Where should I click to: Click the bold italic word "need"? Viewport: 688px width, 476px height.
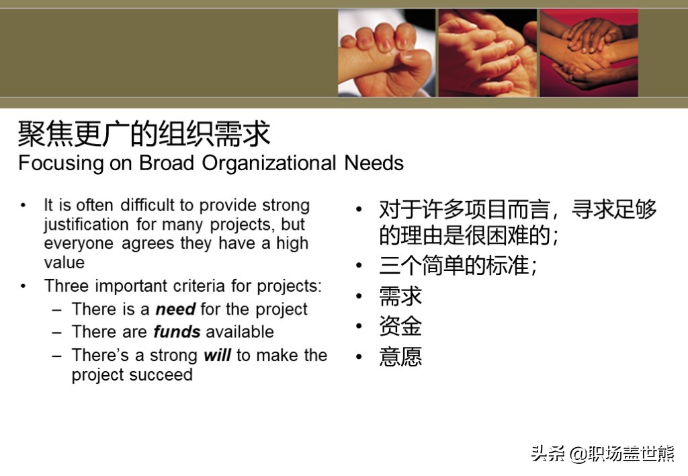click(176, 309)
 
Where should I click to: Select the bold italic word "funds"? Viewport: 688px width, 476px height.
click(177, 332)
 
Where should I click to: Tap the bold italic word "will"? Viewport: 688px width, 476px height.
click(217, 355)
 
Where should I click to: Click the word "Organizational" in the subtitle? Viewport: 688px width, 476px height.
click(269, 163)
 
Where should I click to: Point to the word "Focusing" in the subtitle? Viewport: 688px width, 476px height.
click(60, 163)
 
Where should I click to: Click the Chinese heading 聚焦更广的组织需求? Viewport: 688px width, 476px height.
click(144, 134)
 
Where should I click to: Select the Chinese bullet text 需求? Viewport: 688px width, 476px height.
click(400, 296)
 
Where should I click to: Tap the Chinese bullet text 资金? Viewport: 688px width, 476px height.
click(400, 326)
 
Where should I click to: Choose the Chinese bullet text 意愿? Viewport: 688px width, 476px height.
click(400, 356)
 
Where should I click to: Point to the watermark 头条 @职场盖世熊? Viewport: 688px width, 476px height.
click(602, 454)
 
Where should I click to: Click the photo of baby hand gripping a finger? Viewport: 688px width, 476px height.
click(386, 52)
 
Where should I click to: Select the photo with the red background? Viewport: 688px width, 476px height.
click(589, 52)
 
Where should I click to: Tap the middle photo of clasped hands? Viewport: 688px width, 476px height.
click(488, 52)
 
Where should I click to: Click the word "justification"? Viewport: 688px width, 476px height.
click(86, 225)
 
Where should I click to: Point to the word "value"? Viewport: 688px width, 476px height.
click(64, 263)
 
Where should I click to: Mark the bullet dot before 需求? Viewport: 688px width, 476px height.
click(359, 296)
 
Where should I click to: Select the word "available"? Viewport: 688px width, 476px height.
click(240, 332)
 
